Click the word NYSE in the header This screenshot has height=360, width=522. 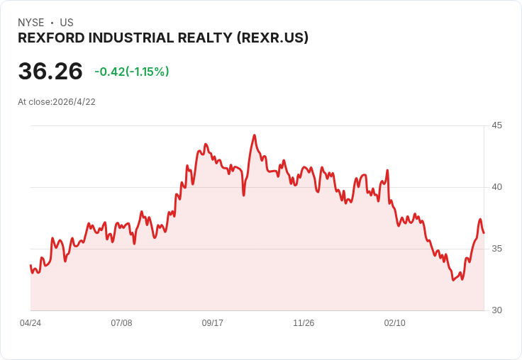31,23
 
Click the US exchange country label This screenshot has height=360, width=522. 67,23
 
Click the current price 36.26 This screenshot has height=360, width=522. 50,72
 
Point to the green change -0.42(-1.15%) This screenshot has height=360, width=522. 132,72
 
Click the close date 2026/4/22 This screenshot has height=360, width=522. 74,101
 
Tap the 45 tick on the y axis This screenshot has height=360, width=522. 497,125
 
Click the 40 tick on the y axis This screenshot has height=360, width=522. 497,187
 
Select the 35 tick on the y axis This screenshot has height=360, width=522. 497,249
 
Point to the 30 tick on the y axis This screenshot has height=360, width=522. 497,310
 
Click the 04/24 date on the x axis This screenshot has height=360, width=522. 30,323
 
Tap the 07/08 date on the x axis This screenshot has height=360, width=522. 121,323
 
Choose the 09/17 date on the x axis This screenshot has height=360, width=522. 213,323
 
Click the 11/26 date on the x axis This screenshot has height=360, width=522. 304,323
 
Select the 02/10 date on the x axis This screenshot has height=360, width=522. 395,323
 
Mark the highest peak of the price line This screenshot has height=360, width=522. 255,135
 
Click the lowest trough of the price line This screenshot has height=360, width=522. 452,280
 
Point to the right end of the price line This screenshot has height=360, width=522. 484,232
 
